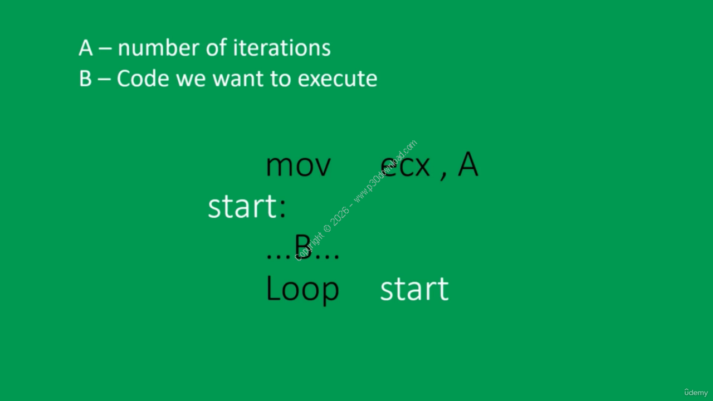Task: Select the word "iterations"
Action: [x=282, y=48]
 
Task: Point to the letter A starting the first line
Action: [x=86, y=48]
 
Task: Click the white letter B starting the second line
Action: [x=85, y=79]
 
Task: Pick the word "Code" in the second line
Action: [x=143, y=79]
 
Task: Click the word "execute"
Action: [x=338, y=79]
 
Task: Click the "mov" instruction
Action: [x=299, y=166]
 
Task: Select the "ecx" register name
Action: [x=405, y=166]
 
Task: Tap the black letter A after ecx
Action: [x=468, y=164]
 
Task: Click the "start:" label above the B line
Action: [x=247, y=206]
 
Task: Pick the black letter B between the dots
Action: [x=302, y=247]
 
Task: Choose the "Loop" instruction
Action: [x=302, y=288]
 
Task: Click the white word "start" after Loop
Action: [x=414, y=288]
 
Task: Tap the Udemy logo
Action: [x=696, y=393]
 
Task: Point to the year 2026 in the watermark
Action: [x=340, y=216]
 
